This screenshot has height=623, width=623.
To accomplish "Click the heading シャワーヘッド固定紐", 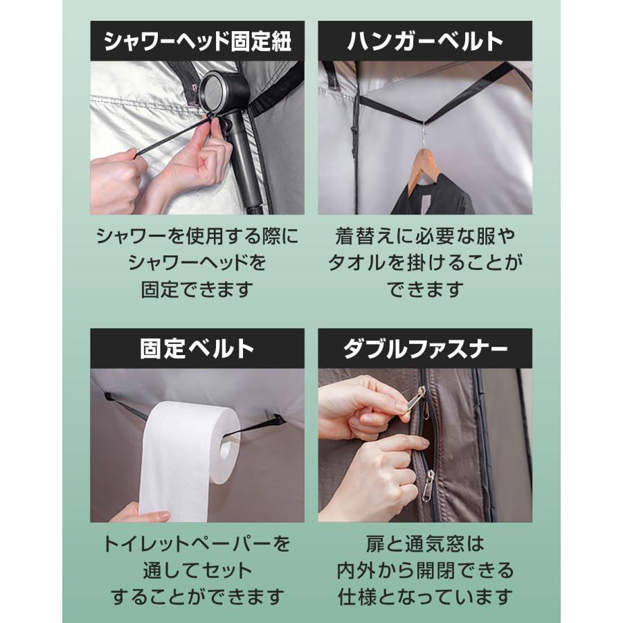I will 197,42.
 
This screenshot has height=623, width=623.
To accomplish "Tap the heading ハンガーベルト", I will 425,42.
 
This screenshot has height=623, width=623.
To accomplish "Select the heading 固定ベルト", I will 197,349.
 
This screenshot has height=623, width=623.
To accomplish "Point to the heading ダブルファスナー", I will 425,349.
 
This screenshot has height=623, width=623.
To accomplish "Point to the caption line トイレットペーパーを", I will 197,543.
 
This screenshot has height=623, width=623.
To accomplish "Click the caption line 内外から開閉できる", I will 425,570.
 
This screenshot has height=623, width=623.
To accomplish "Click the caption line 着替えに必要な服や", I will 425,236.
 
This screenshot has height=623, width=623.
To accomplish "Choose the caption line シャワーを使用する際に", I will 197,236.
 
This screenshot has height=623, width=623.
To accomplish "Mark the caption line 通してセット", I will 197,570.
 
